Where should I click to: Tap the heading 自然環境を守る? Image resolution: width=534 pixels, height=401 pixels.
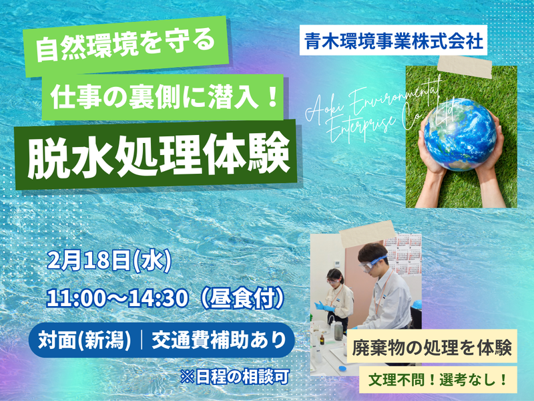click(126, 48)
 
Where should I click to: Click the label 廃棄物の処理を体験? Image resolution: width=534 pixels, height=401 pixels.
click(433, 350)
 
